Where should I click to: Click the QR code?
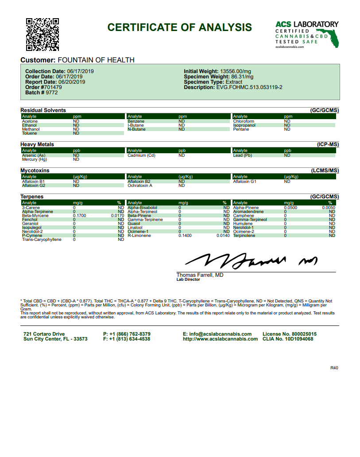pos(43,34)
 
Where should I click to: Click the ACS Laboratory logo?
pos(307,34)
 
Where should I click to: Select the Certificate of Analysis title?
pos(180,27)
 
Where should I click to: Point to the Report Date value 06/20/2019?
pos(70,82)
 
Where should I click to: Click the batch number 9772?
pos(52,93)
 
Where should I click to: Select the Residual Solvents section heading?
pos(43,110)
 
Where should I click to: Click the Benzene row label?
pos(136,121)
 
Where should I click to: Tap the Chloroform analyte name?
pos(244,121)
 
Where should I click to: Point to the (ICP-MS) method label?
pos(328,144)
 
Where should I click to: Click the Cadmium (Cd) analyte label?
pos(142,155)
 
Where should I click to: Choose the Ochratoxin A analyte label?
pos(140,186)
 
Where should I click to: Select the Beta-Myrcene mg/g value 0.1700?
pos(79,216)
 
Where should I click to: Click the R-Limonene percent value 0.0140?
pos(223,236)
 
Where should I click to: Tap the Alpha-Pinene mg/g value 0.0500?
pos(290,208)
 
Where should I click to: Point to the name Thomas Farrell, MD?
pos(200,275)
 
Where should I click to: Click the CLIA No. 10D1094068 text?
pos(288,339)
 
